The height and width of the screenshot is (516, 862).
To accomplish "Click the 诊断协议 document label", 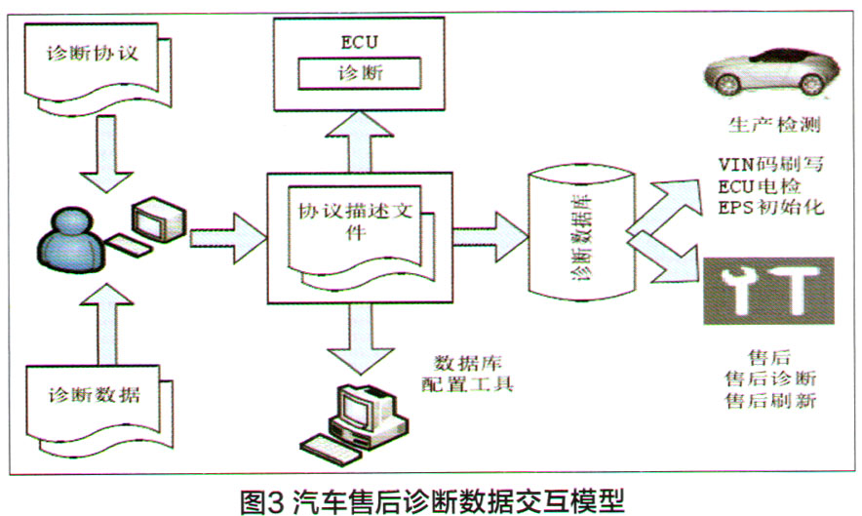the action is coord(93,54).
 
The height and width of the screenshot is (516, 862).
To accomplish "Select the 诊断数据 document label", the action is coord(94,395).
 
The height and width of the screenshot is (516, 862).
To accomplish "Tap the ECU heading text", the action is coord(359,42).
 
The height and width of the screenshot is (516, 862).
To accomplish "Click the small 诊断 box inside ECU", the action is coord(360,73).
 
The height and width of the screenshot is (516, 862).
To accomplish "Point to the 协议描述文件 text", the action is coord(355,220).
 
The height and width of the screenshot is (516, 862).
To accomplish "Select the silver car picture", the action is coord(771,70).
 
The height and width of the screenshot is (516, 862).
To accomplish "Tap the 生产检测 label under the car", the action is coord(774,125).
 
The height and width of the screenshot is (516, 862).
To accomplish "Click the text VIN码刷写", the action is coord(770,164).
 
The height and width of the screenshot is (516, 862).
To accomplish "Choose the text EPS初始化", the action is coord(770,207).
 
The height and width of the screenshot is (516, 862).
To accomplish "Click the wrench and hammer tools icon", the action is coord(769,291).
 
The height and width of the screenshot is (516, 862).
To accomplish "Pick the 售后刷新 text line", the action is coord(770,400).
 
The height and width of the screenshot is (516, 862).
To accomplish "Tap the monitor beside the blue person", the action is coord(158,219).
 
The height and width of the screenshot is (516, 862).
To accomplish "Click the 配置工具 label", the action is coord(467,383).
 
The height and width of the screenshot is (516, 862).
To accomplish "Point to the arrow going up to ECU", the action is coord(360,142).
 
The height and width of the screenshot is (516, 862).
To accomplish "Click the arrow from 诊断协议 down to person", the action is coord(106,153).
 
